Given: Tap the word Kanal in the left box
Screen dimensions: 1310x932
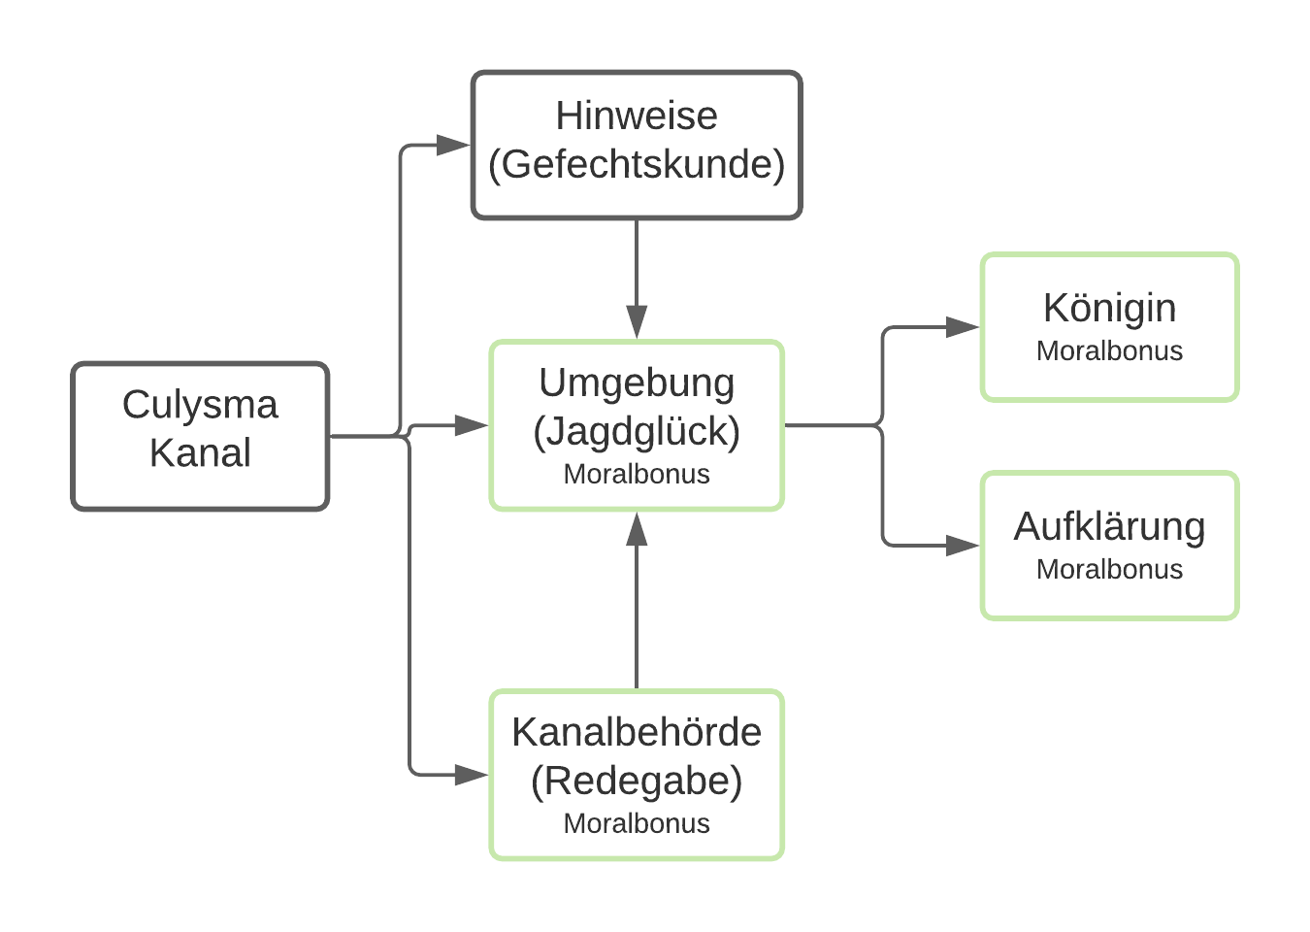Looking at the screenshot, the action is click(x=200, y=452).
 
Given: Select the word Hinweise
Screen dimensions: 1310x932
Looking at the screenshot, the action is click(x=637, y=116).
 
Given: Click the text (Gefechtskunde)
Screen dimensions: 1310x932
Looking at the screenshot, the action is click(x=637, y=165).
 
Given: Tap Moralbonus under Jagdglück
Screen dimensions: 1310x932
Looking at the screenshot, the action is click(x=637, y=474).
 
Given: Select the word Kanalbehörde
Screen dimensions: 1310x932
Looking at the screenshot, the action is click(x=637, y=732).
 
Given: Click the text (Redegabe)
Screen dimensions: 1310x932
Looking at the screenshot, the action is click(x=637, y=782).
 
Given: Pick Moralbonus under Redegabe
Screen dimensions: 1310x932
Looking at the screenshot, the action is click(x=637, y=824).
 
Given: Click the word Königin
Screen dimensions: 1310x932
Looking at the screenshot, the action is click(x=1109, y=310).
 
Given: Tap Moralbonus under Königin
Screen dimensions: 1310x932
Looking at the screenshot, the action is click(x=1109, y=351).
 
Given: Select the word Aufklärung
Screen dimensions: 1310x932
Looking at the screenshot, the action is click(x=1109, y=526).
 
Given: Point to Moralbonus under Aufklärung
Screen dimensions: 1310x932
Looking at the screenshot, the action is click(x=1109, y=569).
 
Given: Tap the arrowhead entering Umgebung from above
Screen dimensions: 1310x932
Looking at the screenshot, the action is click(x=637, y=321).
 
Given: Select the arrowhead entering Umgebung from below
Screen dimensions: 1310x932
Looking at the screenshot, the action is click(x=637, y=529).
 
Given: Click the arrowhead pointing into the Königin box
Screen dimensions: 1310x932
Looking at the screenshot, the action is click(x=963, y=327).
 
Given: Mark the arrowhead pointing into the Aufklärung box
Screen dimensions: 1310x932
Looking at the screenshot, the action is click(x=963, y=546).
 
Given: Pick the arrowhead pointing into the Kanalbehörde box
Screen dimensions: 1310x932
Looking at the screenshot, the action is click(x=472, y=775).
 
